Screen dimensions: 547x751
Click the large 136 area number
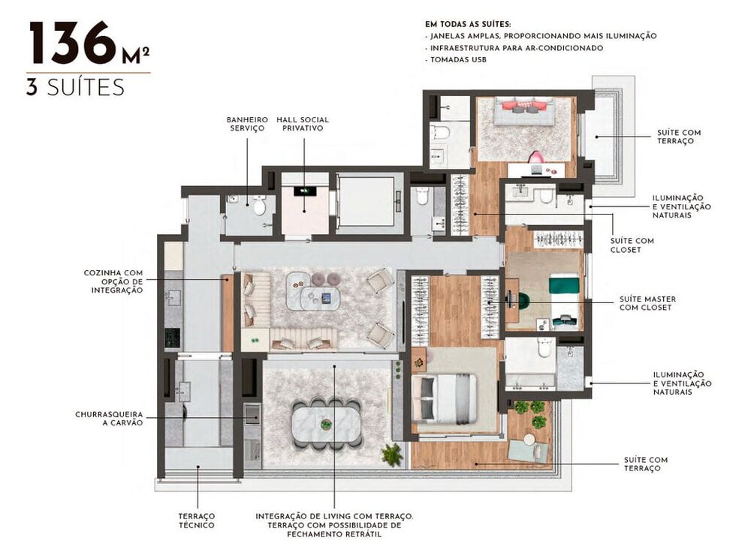(x=73, y=45)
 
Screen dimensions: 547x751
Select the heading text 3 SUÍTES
(x=75, y=87)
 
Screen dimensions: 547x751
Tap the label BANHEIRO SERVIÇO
(x=247, y=124)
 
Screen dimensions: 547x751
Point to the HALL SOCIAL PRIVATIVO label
(x=303, y=124)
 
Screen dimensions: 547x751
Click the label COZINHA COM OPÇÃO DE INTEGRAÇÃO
(x=113, y=281)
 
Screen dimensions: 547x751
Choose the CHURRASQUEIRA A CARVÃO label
(x=109, y=419)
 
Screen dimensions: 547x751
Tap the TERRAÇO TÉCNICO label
(x=197, y=521)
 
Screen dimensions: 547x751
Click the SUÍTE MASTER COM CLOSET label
(x=647, y=302)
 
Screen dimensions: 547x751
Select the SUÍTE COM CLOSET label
(x=634, y=245)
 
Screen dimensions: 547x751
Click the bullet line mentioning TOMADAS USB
(x=458, y=59)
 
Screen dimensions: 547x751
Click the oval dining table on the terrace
(x=326, y=424)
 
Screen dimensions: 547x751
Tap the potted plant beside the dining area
(x=391, y=453)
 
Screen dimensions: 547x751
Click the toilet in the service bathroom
(x=259, y=205)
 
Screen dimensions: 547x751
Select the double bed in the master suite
(x=445, y=398)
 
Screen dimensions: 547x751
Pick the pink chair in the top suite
(x=536, y=158)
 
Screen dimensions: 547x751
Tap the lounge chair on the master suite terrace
(x=526, y=449)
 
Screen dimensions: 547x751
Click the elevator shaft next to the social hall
(x=366, y=201)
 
